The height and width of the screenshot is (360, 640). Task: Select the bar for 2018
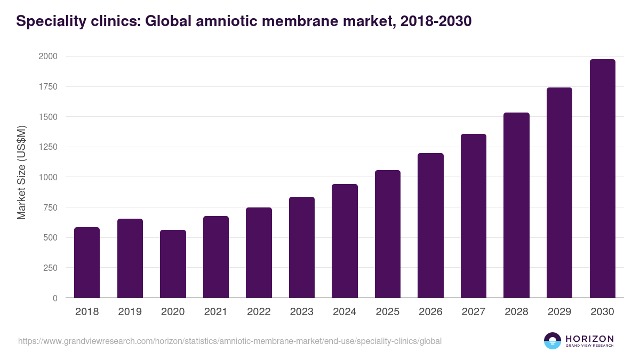87,262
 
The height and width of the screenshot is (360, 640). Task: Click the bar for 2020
173,264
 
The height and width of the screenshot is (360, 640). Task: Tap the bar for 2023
301,247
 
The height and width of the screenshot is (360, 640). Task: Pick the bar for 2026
430,226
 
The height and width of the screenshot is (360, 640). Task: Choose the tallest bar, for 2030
602,179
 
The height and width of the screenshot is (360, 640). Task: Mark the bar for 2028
516,205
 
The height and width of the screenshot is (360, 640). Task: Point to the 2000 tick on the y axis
48,57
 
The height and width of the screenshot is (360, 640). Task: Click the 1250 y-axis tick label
48,147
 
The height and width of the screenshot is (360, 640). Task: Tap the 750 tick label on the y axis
50,207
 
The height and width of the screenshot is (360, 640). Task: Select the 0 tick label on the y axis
55,298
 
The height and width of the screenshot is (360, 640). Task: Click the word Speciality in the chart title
47,21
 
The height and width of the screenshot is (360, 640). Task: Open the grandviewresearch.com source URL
230,341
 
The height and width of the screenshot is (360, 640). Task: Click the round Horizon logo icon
552,341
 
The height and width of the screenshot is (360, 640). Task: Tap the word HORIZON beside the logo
589,338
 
